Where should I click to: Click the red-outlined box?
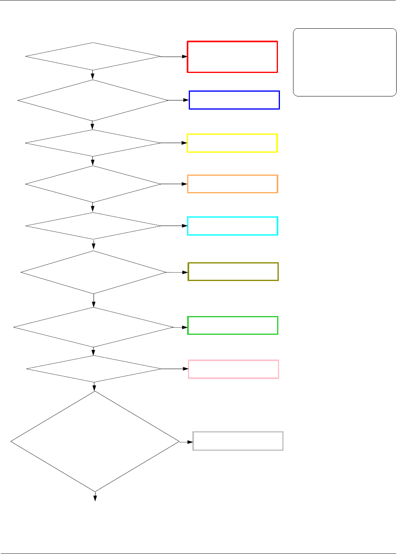coord(232,57)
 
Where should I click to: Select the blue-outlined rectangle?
coord(234,100)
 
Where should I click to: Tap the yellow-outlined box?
coord(232,143)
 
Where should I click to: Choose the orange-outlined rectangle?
coord(233,184)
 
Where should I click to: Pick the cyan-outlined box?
coord(233,226)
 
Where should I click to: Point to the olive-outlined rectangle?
coord(233,272)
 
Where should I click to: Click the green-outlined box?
coord(233,325)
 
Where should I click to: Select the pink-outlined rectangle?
coord(233,369)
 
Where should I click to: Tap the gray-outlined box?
coord(238,441)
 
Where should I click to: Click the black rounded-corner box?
coord(344,62)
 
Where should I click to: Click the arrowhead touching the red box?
coord(185,57)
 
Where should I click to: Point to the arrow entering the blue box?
coord(186,100)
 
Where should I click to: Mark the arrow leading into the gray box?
coord(190,442)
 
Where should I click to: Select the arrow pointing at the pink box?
coord(186,369)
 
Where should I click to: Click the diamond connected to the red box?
coord(93,56)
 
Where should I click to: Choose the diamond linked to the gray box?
coord(95,441)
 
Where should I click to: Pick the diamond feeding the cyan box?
coord(93,226)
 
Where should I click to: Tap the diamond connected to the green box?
coord(94,327)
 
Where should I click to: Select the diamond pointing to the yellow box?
coord(93,143)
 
